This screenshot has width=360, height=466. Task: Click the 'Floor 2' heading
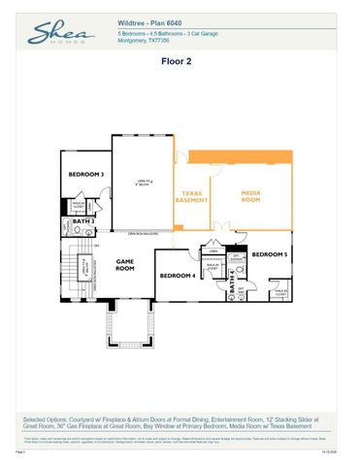[x=180, y=60]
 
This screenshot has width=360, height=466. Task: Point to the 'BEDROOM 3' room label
[x=86, y=175]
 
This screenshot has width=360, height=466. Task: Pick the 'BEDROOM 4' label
[x=178, y=276]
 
